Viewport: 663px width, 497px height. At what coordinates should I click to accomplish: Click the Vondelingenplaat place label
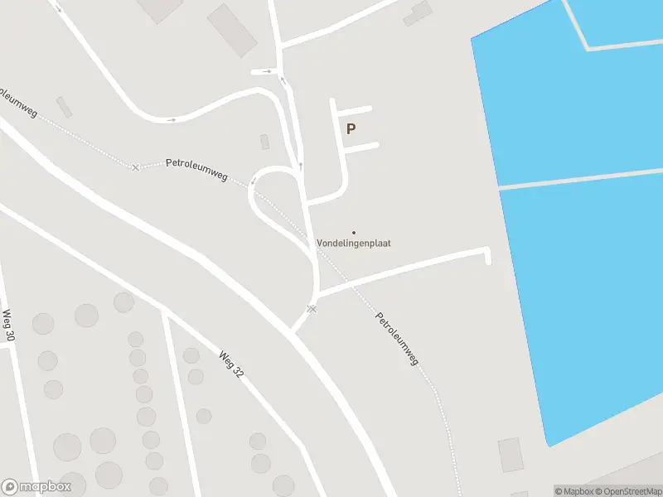(354, 244)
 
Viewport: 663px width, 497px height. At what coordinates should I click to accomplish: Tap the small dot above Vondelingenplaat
(354, 232)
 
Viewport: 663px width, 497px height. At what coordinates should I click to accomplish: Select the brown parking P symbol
(351, 128)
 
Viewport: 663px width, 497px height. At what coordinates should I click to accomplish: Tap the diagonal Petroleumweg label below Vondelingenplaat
(398, 339)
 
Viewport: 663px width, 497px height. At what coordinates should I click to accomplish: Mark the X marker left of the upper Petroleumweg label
(136, 167)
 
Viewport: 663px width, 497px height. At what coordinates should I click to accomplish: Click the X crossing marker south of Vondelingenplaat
(312, 309)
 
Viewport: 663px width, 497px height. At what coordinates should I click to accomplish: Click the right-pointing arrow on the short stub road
(267, 71)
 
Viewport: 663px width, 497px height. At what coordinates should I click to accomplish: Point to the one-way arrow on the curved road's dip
(172, 120)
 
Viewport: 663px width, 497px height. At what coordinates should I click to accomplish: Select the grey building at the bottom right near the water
(511, 455)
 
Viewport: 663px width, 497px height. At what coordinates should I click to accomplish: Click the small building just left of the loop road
(264, 142)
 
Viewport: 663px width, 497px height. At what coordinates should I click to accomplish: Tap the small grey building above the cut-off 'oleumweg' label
(64, 107)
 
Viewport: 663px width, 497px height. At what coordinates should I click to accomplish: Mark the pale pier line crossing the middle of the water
(580, 178)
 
